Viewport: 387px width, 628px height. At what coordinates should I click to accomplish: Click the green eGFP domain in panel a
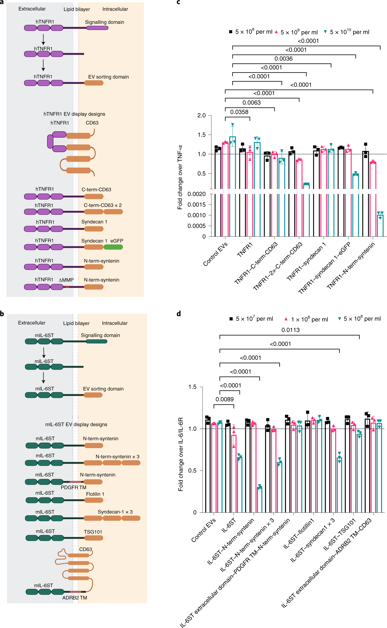tap(113, 247)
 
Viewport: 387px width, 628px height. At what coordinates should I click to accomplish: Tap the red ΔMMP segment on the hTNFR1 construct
tap(67, 287)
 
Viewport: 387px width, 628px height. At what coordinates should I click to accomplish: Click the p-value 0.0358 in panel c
tap(239, 112)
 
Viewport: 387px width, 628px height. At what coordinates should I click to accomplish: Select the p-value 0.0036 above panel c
tap(283, 59)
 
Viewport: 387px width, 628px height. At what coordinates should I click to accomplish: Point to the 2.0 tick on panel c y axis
tap(201, 115)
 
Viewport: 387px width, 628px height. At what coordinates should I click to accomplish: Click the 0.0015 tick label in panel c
tap(196, 205)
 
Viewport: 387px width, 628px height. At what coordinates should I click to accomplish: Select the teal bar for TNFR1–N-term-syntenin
tap(380, 225)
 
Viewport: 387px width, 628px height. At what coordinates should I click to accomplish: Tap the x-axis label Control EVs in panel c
tap(215, 254)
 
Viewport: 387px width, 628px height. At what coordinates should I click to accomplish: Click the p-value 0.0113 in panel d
tap(290, 330)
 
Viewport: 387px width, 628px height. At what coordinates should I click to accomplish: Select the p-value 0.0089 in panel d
tap(224, 399)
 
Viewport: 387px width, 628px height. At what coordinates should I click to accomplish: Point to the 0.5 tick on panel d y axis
tap(192, 471)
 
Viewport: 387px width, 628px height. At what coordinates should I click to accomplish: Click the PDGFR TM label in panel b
tap(73, 487)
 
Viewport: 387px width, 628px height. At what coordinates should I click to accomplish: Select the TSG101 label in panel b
tap(93, 532)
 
